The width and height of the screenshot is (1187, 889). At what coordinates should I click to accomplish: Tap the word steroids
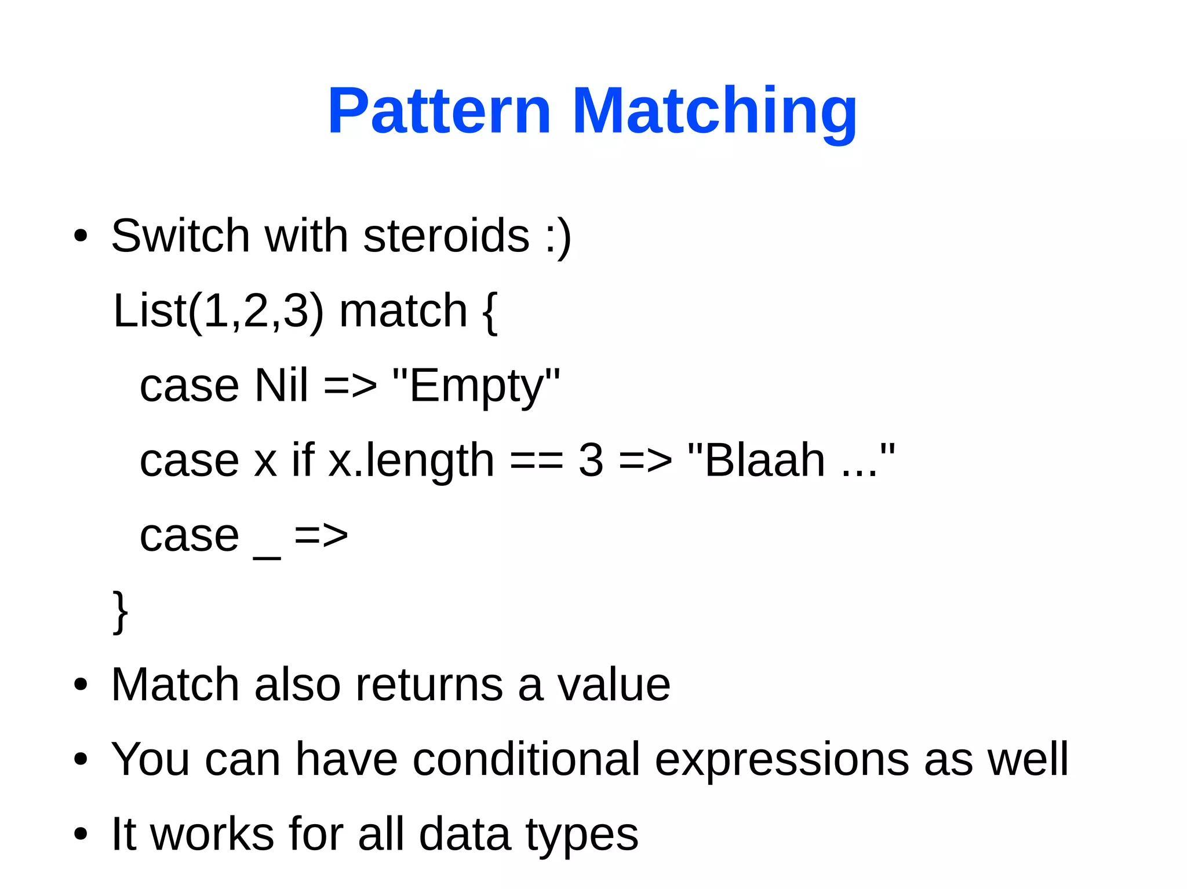446,236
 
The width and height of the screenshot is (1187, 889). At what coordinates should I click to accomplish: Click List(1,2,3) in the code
218,311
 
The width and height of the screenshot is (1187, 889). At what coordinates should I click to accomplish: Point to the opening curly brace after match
489,313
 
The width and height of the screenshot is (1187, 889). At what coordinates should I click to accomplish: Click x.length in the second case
411,460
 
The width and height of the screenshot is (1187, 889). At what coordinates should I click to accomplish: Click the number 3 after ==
591,460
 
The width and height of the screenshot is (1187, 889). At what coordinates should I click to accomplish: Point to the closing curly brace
120,612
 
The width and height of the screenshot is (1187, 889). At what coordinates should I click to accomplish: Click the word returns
429,685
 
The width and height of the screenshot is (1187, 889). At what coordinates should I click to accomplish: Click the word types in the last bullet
581,835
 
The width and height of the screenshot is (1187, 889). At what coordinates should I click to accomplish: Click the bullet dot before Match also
81,685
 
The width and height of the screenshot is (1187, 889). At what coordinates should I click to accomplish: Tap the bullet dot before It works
81,835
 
